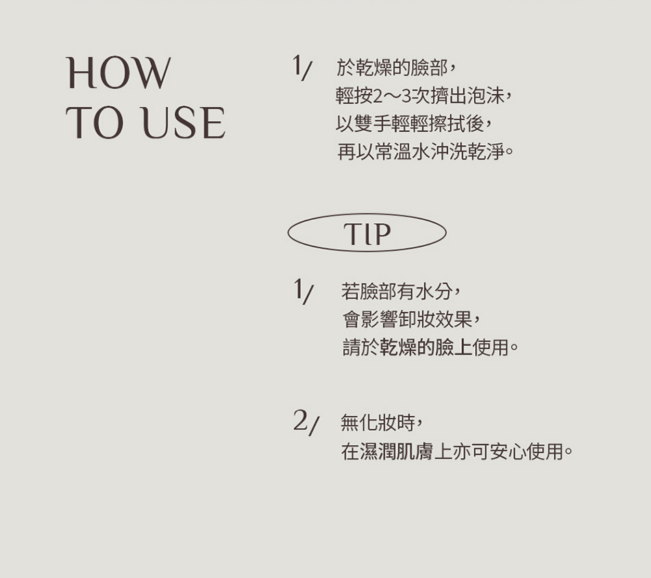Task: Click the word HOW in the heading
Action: pos(119,73)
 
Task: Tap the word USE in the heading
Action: pos(183,123)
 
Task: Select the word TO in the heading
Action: pos(95,123)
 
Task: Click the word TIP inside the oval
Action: pos(367,234)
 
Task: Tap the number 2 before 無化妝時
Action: pos(301,420)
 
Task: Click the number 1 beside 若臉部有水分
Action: pos(297,288)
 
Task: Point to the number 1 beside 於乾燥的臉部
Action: pos(297,65)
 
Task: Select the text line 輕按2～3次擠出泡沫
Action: pos(423,96)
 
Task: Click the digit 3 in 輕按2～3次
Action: pos(406,97)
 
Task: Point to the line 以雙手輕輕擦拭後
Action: pos(414,124)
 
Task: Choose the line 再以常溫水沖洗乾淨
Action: pos(426,151)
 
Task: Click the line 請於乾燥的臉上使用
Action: pos(430,347)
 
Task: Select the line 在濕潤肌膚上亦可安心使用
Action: pos(456,451)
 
